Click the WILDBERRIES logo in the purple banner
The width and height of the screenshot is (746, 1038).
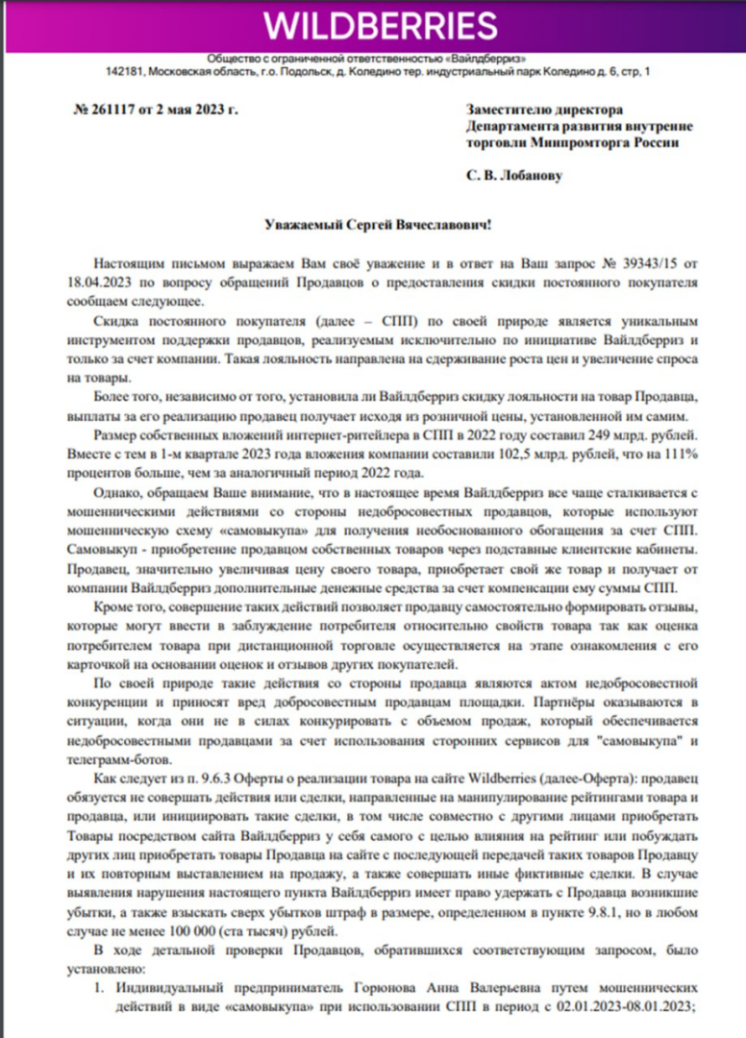(372, 26)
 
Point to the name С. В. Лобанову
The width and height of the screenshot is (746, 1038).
(515, 177)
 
